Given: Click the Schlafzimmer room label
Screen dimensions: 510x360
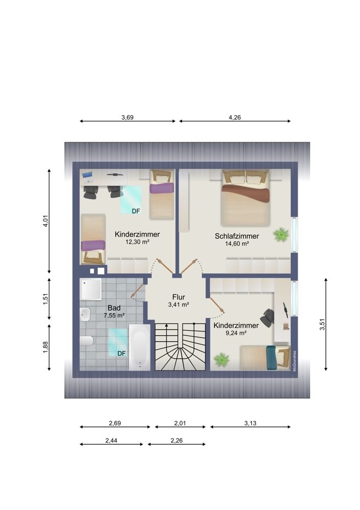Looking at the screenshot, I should coord(237,236).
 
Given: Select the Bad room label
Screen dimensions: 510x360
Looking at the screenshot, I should coord(114,308).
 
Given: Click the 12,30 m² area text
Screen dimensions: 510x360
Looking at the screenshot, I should coord(137,242).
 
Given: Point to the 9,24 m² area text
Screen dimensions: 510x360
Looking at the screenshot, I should coord(236,333).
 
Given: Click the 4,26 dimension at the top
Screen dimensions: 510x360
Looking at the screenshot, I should coord(235,117).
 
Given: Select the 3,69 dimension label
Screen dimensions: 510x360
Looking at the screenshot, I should coord(127,117).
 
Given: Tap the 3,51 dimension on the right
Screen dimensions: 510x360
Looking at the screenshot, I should coord(322,325).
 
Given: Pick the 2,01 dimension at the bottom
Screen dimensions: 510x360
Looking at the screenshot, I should coord(181,423).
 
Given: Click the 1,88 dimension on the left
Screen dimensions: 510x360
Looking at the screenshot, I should coord(45,347).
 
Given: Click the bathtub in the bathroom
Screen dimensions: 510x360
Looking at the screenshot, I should coord(139,346).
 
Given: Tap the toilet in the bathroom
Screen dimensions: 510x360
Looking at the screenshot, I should coord(86,340).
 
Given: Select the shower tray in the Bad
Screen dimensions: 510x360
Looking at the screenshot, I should coord(92,289).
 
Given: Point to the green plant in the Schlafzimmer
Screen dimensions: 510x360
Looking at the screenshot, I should coord(281,235).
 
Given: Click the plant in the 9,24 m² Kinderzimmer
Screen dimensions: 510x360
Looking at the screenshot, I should coord(221,360).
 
